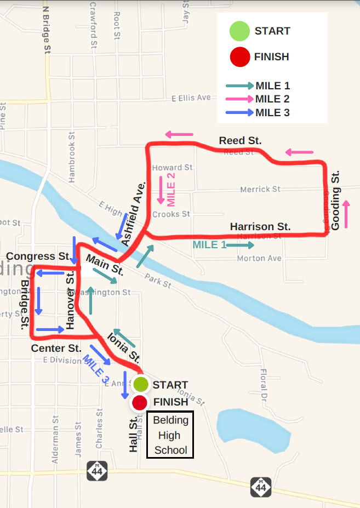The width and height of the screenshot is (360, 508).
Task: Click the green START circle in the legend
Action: click(x=239, y=31)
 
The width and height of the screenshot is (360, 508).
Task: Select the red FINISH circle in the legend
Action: click(x=239, y=56)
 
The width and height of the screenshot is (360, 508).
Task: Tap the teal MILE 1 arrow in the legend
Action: click(x=240, y=86)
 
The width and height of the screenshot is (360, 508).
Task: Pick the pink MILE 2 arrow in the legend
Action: click(x=240, y=99)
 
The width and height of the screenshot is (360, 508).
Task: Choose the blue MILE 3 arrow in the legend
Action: click(x=240, y=113)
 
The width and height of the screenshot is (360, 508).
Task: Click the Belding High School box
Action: click(x=170, y=436)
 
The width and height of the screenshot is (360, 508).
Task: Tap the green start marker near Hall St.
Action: click(x=141, y=385)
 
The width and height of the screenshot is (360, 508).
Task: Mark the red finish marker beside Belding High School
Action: click(x=140, y=403)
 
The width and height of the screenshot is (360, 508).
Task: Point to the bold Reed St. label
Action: click(x=240, y=141)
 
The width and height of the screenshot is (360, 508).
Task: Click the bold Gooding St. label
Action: click(x=335, y=200)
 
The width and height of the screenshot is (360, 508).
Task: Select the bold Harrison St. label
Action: click(x=260, y=226)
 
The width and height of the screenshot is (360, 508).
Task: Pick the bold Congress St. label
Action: click(x=38, y=256)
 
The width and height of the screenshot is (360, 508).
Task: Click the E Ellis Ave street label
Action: click(x=191, y=98)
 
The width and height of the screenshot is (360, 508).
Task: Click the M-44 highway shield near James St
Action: click(x=97, y=470)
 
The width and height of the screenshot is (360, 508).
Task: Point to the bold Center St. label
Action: click(x=56, y=348)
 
